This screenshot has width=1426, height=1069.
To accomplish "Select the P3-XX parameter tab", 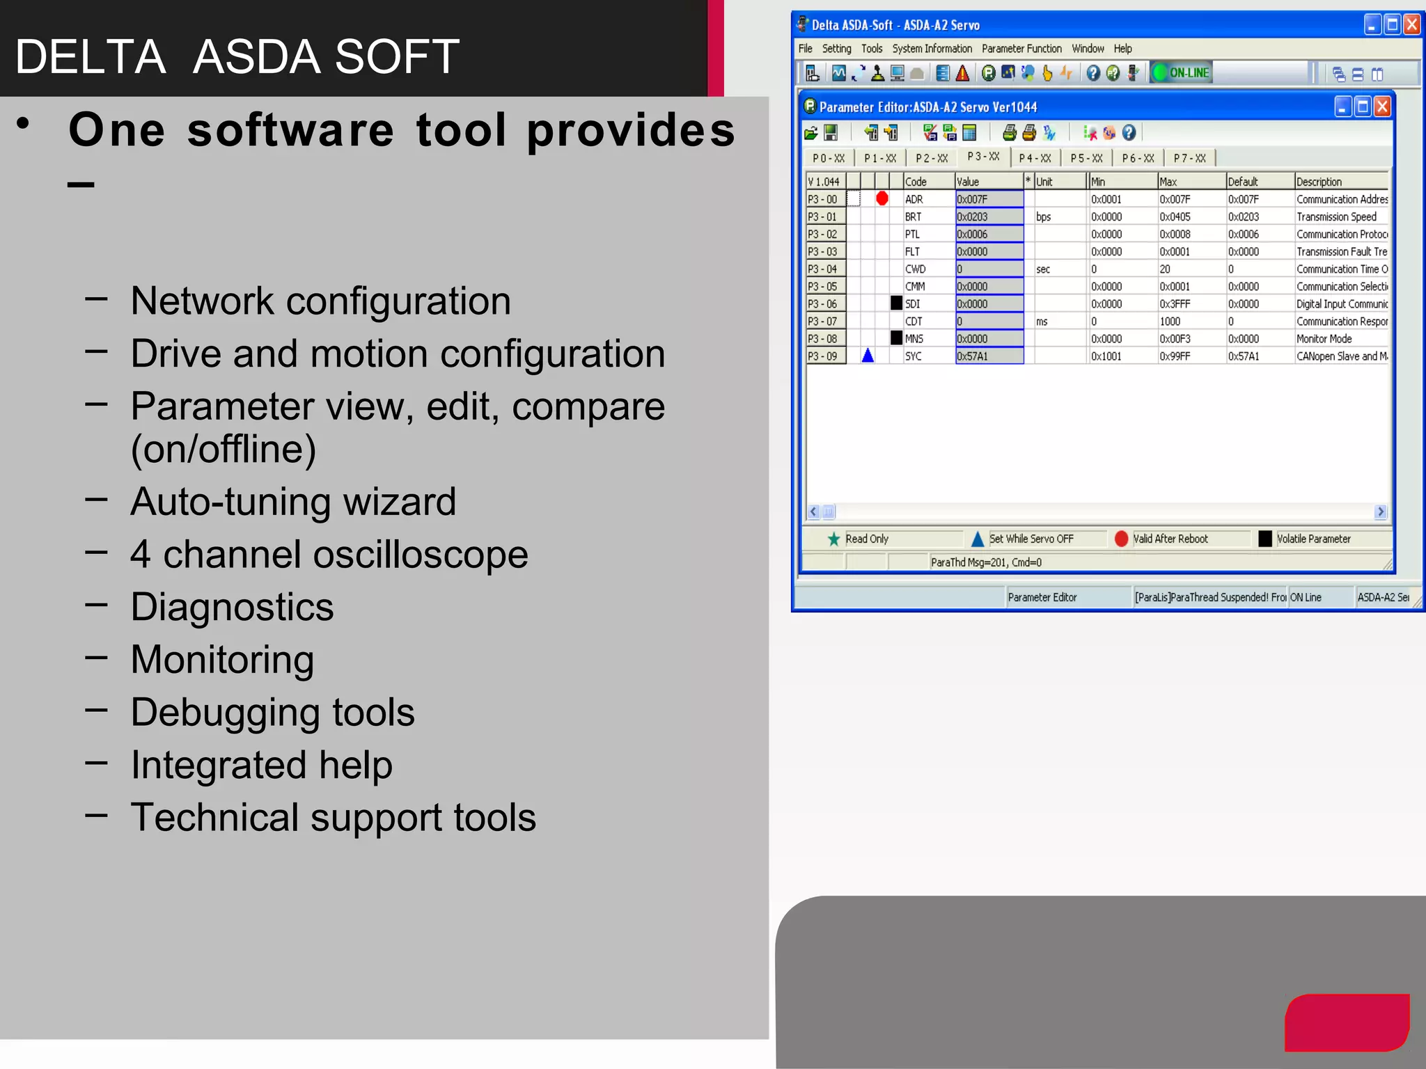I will pyautogui.click(x=983, y=157).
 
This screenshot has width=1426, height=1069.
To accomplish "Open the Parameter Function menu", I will pyautogui.click(x=1021, y=49).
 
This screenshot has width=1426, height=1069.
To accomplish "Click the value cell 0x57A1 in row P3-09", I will pyautogui.click(x=989, y=356).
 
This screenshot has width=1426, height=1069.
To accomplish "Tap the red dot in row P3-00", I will pyautogui.click(x=882, y=199).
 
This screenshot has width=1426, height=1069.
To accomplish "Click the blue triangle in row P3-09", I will pyautogui.click(x=868, y=356).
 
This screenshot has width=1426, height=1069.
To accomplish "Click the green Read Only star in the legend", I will pyautogui.click(x=833, y=539).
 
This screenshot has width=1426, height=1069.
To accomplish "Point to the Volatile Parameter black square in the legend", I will pyautogui.click(x=1265, y=539).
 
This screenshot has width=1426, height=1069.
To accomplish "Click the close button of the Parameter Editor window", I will pyautogui.click(x=1382, y=107).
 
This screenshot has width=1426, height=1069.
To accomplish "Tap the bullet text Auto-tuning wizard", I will pyautogui.click(x=293, y=502).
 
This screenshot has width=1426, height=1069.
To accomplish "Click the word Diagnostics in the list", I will pyautogui.click(x=232, y=607).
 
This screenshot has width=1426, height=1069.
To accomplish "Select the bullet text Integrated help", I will pyautogui.click(x=262, y=765).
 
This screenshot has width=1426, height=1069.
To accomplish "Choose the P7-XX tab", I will pyautogui.click(x=1189, y=159).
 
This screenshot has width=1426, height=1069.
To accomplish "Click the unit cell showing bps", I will pyautogui.click(x=1043, y=217).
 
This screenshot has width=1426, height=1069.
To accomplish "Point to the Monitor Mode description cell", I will pyautogui.click(x=1324, y=339).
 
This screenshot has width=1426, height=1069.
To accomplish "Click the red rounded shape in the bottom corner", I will pyautogui.click(x=1347, y=1022).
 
